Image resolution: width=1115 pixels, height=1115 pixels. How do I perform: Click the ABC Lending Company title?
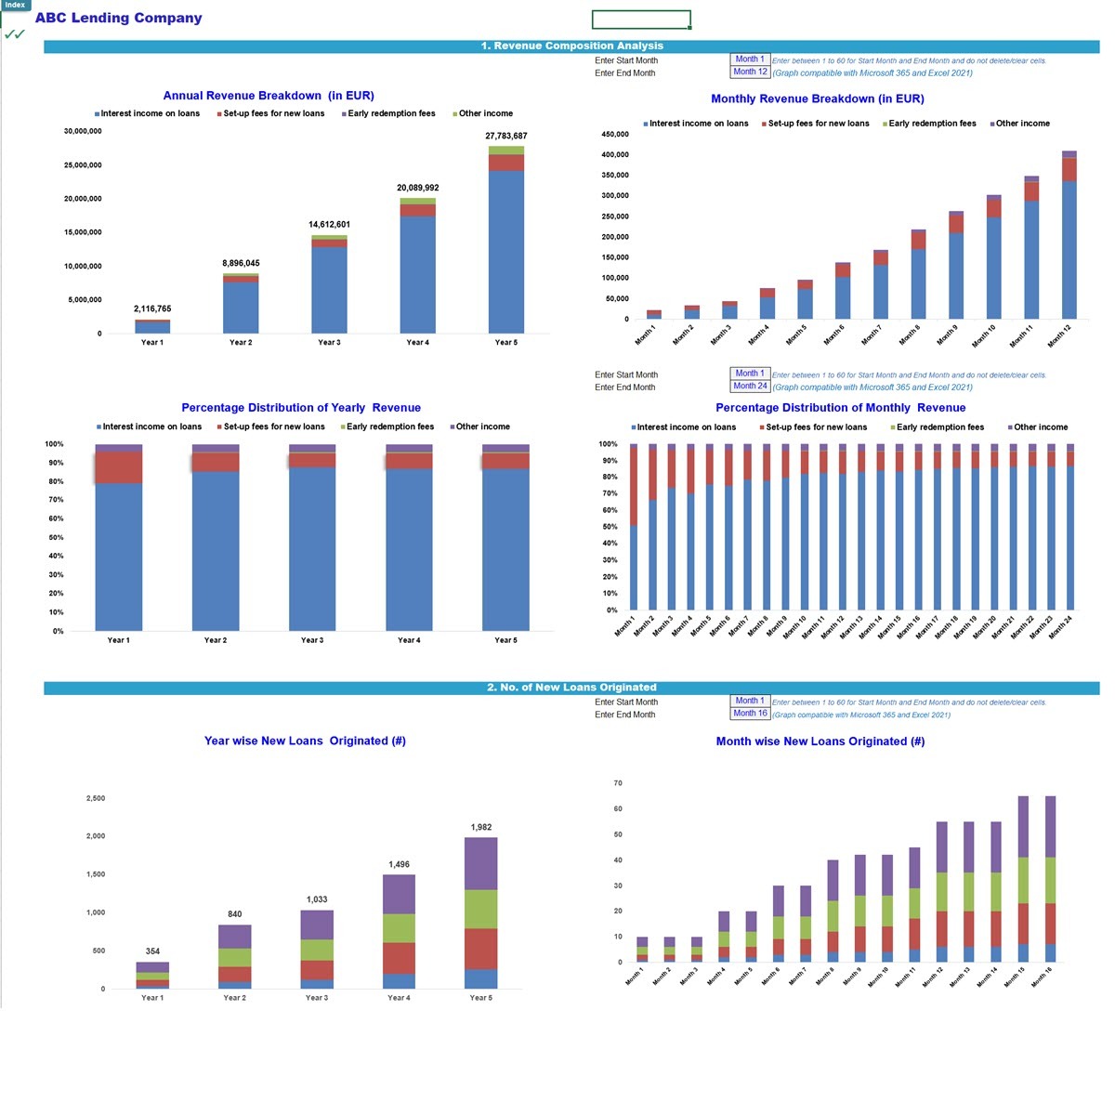tap(118, 18)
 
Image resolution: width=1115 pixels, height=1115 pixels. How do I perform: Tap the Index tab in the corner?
tap(15, 5)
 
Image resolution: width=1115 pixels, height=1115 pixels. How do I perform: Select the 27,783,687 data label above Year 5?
tap(505, 136)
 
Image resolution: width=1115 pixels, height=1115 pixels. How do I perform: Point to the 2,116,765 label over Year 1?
tap(152, 308)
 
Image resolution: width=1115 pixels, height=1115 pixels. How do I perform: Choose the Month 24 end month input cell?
tap(750, 386)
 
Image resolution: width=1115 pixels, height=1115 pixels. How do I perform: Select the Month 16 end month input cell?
tap(750, 714)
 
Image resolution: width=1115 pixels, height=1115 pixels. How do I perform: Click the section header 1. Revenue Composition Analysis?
tap(571, 46)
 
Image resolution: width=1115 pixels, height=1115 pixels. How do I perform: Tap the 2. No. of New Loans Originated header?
tap(571, 688)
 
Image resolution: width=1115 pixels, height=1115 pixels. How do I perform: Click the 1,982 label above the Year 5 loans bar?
tap(480, 827)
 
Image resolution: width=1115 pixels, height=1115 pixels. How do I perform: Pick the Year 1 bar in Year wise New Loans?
tap(152, 976)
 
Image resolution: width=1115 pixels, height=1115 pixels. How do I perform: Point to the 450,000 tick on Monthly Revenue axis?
tap(615, 134)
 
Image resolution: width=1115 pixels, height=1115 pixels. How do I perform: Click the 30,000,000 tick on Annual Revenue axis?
tap(83, 131)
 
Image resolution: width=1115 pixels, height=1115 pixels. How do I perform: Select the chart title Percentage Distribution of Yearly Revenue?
tap(300, 408)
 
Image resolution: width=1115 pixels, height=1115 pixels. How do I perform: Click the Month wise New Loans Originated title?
tap(820, 741)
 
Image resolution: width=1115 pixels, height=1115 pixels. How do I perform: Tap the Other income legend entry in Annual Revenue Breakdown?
tap(484, 113)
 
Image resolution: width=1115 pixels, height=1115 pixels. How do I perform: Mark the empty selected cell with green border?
tap(641, 20)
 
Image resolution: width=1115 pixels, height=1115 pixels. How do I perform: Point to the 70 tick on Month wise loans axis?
tap(618, 783)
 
